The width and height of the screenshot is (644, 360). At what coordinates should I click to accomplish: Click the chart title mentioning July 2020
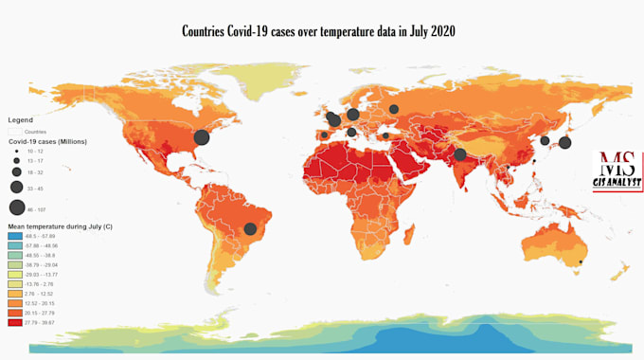(x=318, y=31)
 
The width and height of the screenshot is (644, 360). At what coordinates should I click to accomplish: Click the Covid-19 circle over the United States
(x=201, y=136)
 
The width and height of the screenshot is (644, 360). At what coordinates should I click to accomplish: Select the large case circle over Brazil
(x=250, y=228)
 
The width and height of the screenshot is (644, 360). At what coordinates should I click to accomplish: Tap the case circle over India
(x=459, y=154)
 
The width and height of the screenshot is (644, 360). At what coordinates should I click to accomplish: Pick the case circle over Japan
(x=564, y=143)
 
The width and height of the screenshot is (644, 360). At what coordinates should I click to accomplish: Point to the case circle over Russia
(x=393, y=109)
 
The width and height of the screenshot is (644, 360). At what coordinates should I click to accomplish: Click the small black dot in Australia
(x=580, y=261)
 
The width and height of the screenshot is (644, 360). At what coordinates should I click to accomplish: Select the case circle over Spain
(x=325, y=135)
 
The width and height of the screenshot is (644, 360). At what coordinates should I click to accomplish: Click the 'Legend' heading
(x=20, y=120)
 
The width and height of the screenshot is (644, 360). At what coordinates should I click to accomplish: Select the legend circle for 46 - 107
(x=17, y=207)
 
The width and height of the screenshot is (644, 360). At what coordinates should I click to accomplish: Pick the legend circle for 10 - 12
(x=17, y=152)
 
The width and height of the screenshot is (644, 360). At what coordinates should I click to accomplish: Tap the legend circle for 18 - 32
(x=17, y=173)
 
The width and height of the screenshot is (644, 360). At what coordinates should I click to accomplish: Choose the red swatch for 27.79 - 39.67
(x=16, y=323)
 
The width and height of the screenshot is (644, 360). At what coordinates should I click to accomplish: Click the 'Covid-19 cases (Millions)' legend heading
(x=47, y=141)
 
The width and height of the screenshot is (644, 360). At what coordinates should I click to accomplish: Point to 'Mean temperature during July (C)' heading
(x=60, y=227)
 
